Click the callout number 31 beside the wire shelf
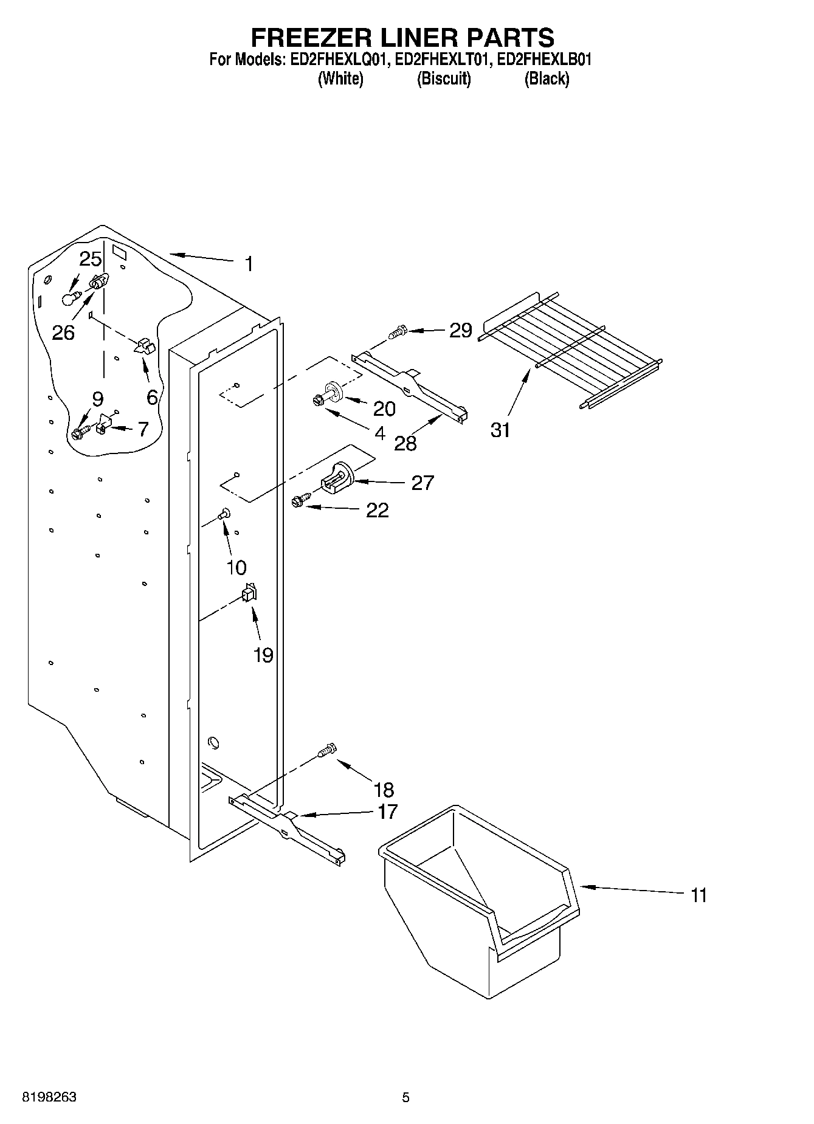pos(500,430)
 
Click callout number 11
pos(698,895)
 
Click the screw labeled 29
pos(397,333)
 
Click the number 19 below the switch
pos(263,655)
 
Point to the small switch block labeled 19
pos(249,593)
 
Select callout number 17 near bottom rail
pos(387,812)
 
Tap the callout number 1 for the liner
pos(249,264)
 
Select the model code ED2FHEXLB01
pos(544,60)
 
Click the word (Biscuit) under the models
pos(444,78)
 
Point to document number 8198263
pos(49,1097)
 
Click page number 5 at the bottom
pos(405,1097)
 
